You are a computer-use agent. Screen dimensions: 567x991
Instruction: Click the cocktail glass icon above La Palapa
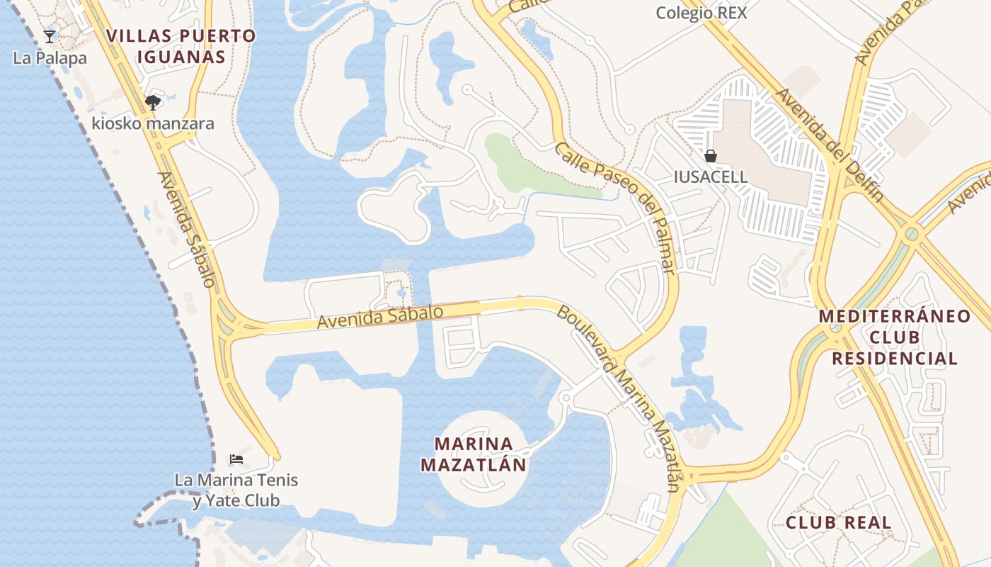(50, 36)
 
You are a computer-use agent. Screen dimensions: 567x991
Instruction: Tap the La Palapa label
(50, 58)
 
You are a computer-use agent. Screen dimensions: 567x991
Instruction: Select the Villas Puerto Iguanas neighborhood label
(181, 46)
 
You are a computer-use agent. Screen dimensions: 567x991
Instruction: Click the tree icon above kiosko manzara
(152, 103)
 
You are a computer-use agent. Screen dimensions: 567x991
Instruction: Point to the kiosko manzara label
(153, 123)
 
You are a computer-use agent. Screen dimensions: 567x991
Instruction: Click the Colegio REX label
(701, 13)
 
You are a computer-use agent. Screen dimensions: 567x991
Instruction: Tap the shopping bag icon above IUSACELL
(711, 156)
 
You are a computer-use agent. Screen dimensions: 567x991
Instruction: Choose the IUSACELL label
(711, 176)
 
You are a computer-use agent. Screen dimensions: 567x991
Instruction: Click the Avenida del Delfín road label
(829, 145)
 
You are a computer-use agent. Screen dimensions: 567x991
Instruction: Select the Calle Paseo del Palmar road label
(615, 208)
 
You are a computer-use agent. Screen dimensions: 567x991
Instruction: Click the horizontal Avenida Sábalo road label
(380, 317)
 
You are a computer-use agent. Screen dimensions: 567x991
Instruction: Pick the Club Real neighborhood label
(838, 523)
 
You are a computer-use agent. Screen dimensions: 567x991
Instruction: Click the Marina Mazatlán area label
(474, 454)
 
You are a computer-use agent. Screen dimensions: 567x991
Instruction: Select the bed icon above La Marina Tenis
(236, 459)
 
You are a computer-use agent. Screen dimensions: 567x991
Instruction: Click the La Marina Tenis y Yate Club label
(236, 490)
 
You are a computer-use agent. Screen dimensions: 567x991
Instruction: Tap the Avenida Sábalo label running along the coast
(186, 229)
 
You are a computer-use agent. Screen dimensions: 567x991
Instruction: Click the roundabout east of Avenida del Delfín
(912, 232)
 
